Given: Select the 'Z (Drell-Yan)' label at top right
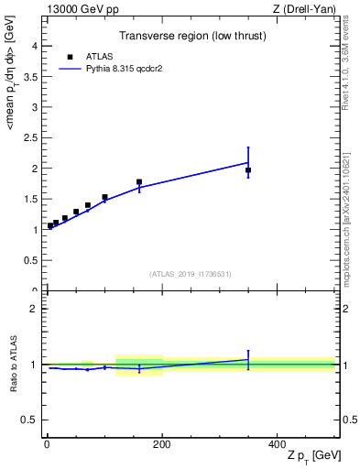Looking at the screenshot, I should tap(305, 8).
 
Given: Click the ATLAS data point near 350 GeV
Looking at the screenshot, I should tap(248, 170).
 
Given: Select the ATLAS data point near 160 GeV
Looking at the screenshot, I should tap(139, 182).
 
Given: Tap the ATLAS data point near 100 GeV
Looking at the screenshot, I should tap(104, 197).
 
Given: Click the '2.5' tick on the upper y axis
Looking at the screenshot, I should tap(29, 137).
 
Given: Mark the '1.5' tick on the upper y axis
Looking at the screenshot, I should tap(29, 199).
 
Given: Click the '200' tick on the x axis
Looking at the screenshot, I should tap(162, 444).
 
